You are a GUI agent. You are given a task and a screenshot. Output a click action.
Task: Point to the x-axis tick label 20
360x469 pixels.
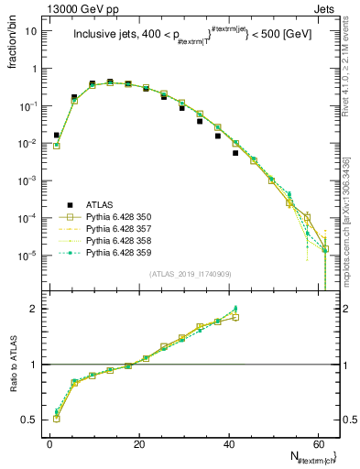[138, 442]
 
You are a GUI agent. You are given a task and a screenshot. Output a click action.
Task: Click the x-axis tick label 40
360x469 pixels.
[228, 442]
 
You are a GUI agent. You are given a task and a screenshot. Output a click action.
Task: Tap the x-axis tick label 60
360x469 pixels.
[317, 442]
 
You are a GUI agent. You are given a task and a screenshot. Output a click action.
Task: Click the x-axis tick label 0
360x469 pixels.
[49, 442]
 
